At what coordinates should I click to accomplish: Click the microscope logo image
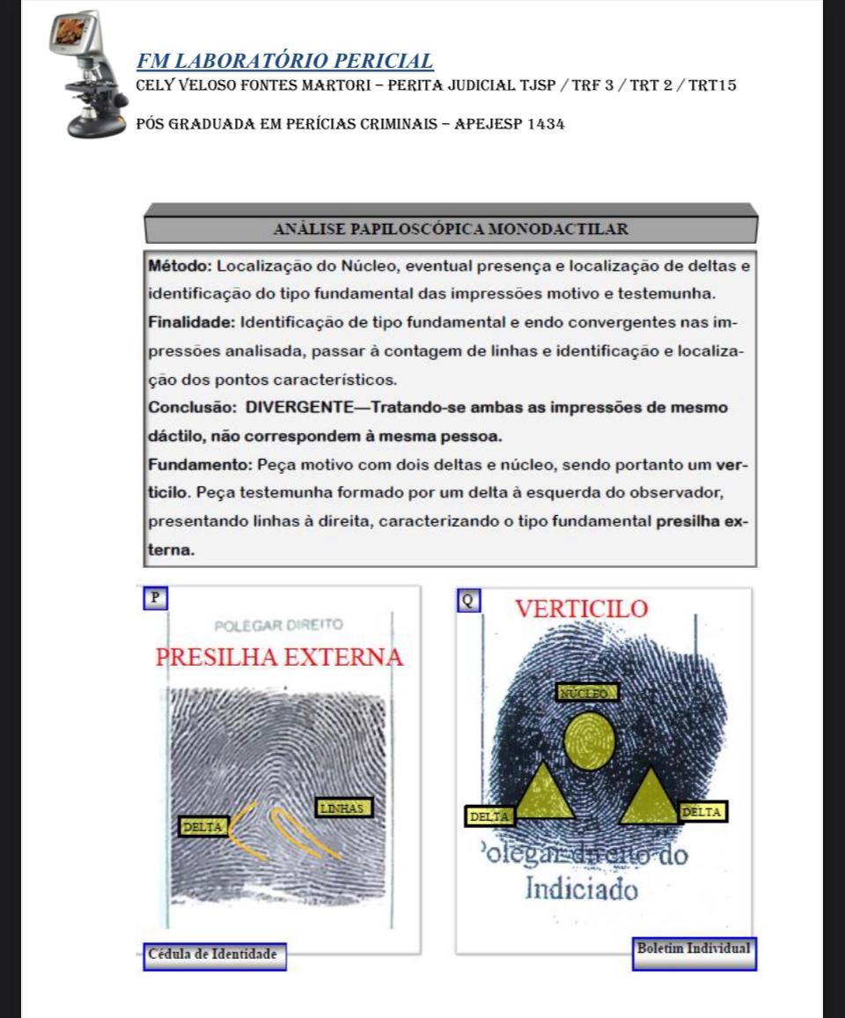click(x=84, y=75)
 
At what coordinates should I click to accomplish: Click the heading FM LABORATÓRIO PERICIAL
click(x=285, y=61)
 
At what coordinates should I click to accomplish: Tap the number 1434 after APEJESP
click(x=546, y=123)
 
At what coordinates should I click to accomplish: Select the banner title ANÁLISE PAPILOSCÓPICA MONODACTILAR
click(x=451, y=230)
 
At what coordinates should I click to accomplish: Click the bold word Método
click(x=180, y=265)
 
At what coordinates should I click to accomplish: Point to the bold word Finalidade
click(x=191, y=322)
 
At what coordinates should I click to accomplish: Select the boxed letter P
click(x=155, y=597)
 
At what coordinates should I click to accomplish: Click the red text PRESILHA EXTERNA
click(x=279, y=657)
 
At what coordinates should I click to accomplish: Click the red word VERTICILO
click(x=581, y=609)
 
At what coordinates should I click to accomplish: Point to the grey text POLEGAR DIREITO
click(x=279, y=625)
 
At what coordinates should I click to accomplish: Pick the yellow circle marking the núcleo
click(x=589, y=740)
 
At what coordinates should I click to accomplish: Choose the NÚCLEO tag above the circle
click(x=588, y=692)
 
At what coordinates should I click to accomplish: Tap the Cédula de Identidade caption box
click(x=214, y=955)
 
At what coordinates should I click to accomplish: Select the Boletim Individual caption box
click(x=694, y=949)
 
